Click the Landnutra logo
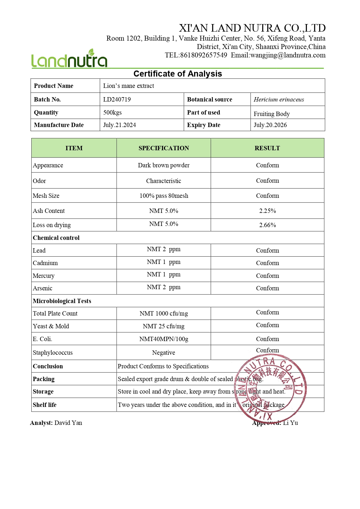(x=69, y=59)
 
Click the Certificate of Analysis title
(x=178, y=74)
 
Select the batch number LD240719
(x=117, y=99)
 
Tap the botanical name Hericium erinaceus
(x=279, y=99)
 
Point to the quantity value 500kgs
(x=113, y=113)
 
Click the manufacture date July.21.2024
(x=120, y=125)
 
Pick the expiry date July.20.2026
(x=270, y=125)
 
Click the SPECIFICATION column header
(x=164, y=148)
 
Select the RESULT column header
(x=267, y=148)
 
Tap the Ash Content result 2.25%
(x=267, y=211)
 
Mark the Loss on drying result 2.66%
(x=267, y=225)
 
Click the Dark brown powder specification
(x=164, y=165)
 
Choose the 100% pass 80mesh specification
(x=164, y=196)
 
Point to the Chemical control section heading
(x=56, y=238)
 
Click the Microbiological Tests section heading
(x=62, y=301)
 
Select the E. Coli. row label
(x=43, y=339)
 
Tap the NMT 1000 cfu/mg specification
(x=164, y=314)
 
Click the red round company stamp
(x=270, y=388)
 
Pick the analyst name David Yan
(x=68, y=423)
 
